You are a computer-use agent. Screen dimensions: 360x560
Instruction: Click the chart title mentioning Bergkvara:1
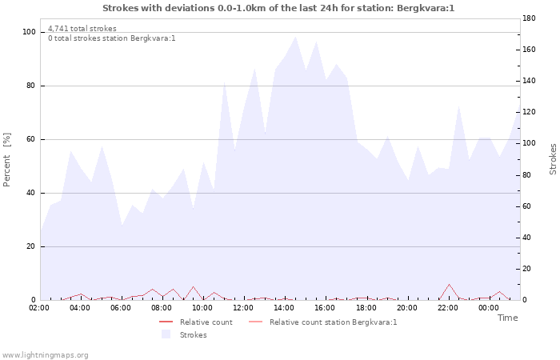pyautogui.click(x=278, y=8)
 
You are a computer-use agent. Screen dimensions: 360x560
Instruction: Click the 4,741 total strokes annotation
pyautogui.click(x=82, y=29)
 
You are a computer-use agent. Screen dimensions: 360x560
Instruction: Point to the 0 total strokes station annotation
pyautogui.click(x=111, y=38)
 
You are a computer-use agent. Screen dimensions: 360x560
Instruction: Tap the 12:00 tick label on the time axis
pyautogui.click(x=244, y=307)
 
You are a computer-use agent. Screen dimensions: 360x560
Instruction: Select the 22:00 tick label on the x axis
pyautogui.click(x=448, y=307)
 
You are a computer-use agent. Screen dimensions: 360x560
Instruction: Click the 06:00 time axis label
pyautogui.click(x=122, y=307)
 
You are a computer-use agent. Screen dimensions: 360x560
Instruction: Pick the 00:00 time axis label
pyautogui.click(x=489, y=307)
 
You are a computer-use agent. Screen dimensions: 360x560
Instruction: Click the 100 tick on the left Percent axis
pyautogui.click(x=30, y=32)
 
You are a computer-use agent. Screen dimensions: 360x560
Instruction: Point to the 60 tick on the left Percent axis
pyautogui.click(x=31, y=139)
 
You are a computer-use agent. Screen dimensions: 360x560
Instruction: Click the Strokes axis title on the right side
pyautogui.click(x=553, y=158)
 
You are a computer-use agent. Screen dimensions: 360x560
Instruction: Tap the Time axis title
pyautogui.click(x=507, y=318)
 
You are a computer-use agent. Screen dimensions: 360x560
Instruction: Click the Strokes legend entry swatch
pyautogui.click(x=166, y=334)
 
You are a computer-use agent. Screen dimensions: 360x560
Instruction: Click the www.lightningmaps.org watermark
pyautogui.click(x=45, y=355)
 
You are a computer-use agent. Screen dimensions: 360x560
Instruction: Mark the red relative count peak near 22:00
pyautogui.click(x=449, y=284)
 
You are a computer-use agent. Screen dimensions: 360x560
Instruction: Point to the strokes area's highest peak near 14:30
pyautogui.click(x=295, y=37)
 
